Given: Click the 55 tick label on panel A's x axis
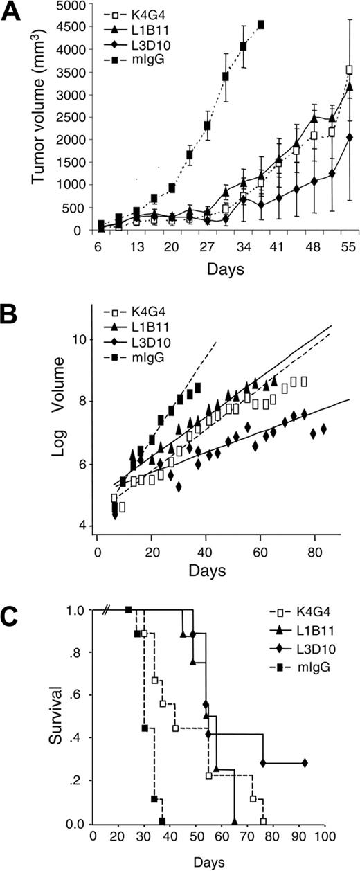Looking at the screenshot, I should click(x=349, y=249).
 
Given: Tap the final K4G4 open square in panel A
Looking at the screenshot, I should click(x=350, y=69).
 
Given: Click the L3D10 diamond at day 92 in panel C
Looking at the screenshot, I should click(x=305, y=763).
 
